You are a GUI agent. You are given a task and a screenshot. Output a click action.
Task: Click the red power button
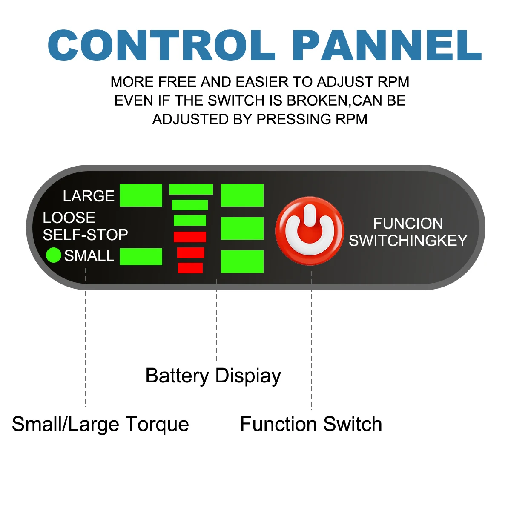(310, 231)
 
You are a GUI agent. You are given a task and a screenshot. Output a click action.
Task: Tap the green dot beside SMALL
(54, 255)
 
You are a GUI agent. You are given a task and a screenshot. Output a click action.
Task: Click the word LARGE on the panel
(89, 196)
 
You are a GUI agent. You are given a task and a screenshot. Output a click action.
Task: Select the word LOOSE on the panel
(69, 218)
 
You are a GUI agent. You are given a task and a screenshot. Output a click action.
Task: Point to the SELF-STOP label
(85, 235)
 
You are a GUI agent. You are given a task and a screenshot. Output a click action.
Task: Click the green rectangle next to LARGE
(141, 195)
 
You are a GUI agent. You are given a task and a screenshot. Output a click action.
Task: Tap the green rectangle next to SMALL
(141, 257)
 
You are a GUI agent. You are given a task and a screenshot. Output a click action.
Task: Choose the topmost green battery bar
(191, 189)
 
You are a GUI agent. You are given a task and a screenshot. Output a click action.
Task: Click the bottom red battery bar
(190, 268)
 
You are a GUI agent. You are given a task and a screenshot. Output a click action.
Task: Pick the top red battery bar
(190, 237)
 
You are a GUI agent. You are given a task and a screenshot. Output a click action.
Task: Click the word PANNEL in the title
(387, 46)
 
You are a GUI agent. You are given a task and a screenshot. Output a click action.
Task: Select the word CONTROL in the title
(161, 46)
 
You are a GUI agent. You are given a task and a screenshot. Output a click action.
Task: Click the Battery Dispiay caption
(213, 376)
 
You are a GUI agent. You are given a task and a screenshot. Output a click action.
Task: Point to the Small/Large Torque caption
(100, 425)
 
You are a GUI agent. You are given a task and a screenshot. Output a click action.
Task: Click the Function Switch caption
(311, 425)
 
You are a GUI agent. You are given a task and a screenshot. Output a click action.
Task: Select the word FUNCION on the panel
(408, 224)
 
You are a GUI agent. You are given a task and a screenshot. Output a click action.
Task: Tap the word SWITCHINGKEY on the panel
(408, 241)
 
